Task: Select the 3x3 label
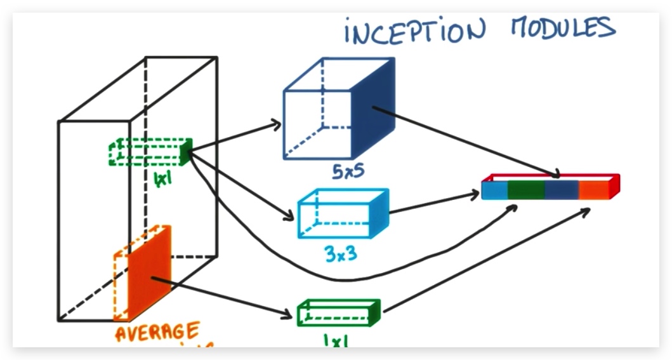tap(340, 253)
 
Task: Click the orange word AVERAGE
tap(157, 331)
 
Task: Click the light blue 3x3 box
tap(343, 213)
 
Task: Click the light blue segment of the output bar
tap(494, 190)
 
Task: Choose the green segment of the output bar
tap(526, 190)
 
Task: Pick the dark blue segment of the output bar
tap(562, 190)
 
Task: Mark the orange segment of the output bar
tap(594, 189)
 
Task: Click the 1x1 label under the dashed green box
tap(163, 179)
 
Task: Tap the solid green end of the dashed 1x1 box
tap(185, 152)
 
